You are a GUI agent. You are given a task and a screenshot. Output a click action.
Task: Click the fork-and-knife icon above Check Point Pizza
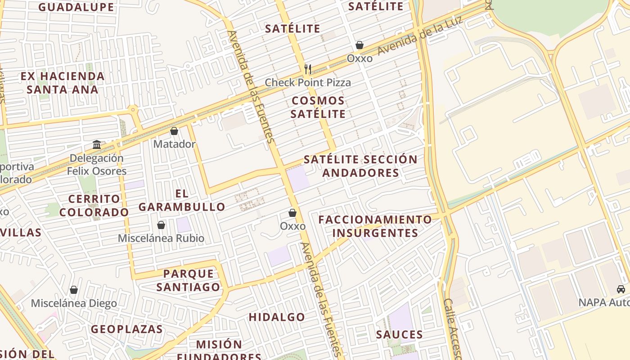tap(308, 69)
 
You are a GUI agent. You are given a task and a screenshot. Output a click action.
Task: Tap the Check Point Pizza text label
tap(308, 82)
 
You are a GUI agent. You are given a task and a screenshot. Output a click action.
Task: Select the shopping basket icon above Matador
tap(174, 131)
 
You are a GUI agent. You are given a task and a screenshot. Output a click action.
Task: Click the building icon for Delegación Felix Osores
tap(97, 144)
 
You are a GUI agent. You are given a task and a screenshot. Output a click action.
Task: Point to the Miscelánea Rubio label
tap(161, 238)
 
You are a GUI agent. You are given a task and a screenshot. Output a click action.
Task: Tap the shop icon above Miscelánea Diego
tap(74, 290)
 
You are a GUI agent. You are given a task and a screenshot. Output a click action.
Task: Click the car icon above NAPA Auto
tap(621, 289)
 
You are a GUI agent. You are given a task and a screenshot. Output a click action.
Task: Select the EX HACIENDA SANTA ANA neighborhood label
tap(63, 83)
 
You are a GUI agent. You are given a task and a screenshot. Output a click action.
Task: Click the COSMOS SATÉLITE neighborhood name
tap(318, 107)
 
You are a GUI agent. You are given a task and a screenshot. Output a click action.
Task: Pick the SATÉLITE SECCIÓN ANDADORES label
tap(360, 166)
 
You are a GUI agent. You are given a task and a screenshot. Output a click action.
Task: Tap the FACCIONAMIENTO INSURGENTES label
tap(375, 226)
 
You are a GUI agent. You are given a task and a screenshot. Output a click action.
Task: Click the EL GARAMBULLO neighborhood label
tap(182, 200)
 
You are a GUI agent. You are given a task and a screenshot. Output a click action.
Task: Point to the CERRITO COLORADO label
tap(94, 205)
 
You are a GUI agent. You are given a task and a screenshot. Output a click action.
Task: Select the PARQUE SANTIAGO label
tap(192, 280)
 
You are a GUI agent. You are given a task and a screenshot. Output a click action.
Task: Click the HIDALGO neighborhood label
tap(277, 317)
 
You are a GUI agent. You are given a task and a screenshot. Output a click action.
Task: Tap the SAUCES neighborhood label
tap(400, 334)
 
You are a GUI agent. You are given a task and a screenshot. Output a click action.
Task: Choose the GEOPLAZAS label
tap(127, 329)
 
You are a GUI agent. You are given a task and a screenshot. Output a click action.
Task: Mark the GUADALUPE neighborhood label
tap(76, 7)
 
